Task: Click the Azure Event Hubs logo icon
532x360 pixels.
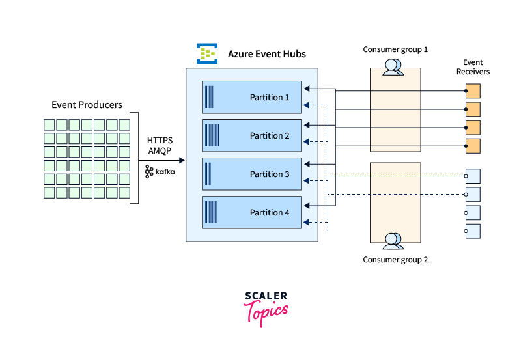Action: [x=207, y=53]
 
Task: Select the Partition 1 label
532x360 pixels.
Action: [x=270, y=98]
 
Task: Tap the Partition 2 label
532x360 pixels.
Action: [x=270, y=136]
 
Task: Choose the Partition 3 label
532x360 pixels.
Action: [x=270, y=174]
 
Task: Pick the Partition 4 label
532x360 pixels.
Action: [x=270, y=213]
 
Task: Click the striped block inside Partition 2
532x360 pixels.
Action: [x=212, y=136]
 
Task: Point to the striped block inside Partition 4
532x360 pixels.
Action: [x=211, y=213]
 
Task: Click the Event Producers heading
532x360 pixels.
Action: [x=87, y=105]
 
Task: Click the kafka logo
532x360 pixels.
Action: [x=160, y=171]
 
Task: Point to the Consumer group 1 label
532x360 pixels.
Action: [x=395, y=49]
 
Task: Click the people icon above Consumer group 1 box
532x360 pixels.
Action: [x=393, y=67]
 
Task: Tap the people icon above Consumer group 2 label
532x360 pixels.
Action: [x=393, y=241]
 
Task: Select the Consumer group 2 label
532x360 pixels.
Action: [x=395, y=260]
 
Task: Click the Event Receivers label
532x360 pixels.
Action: [x=472, y=67]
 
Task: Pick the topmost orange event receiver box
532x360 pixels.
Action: [x=473, y=90]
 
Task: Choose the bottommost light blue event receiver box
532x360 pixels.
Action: [x=473, y=230]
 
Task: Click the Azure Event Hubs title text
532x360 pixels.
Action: [x=266, y=54]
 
